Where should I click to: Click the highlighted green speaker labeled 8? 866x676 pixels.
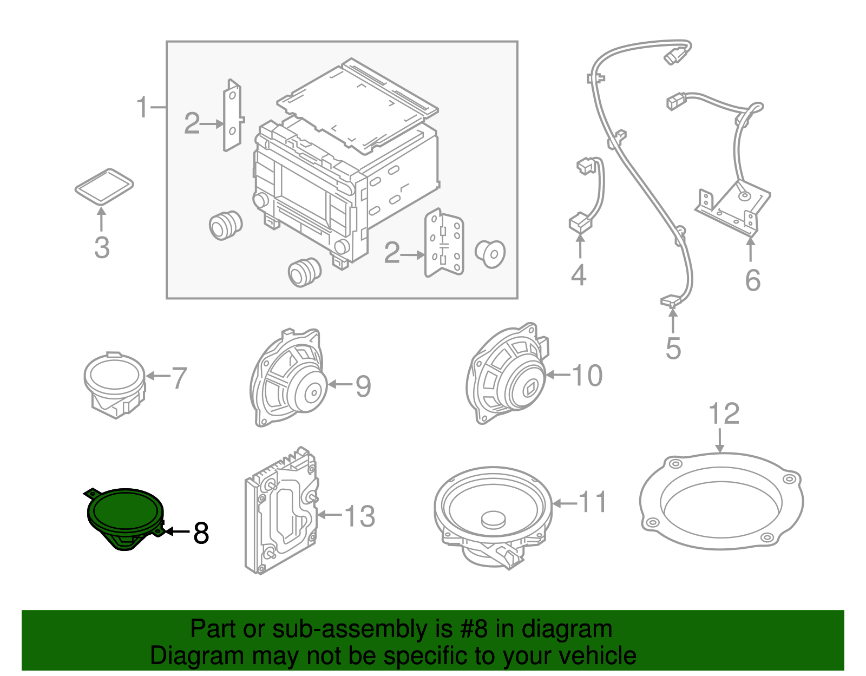click(x=125, y=514)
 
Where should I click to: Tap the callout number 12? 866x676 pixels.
click(x=724, y=414)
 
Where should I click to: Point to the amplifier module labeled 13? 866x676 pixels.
click(x=281, y=511)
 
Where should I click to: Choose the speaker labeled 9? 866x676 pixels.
click(x=289, y=379)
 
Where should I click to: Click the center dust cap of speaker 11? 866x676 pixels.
click(x=494, y=519)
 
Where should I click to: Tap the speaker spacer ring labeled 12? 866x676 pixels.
click(x=721, y=501)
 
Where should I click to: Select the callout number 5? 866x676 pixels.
click(x=673, y=348)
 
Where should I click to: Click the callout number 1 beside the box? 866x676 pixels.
click(x=142, y=107)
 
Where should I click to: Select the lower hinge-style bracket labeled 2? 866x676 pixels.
click(x=444, y=244)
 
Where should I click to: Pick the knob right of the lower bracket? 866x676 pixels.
click(x=490, y=254)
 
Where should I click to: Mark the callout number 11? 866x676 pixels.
click(x=593, y=502)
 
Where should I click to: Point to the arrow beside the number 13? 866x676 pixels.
click(x=330, y=515)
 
